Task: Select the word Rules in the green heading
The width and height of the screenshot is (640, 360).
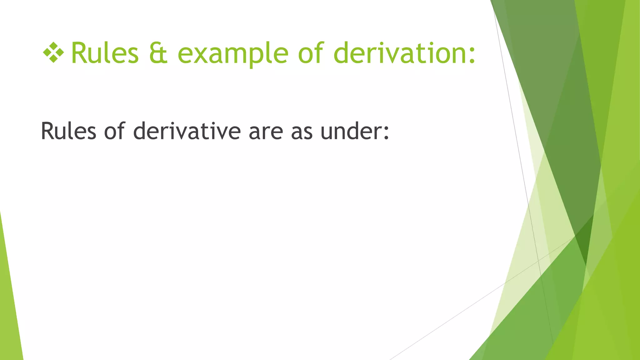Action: point(105,53)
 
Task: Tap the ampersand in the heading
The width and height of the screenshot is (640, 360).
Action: point(158,53)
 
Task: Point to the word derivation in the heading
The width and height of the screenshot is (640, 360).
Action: point(400,53)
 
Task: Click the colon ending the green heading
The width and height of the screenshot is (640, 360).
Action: point(472,56)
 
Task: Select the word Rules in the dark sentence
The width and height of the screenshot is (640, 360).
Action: point(68,131)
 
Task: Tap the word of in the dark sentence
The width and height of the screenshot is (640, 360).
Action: point(114,131)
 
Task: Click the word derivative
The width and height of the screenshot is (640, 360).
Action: point(187,131)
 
